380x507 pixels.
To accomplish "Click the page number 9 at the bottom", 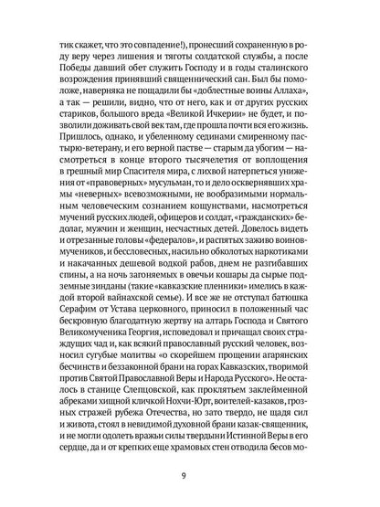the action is [190, 474].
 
